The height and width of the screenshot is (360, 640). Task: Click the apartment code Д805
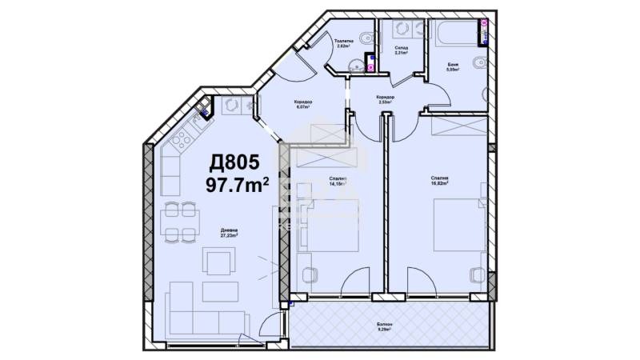click(x=234, y=163)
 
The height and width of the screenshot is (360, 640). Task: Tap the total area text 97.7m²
click(x=237, y=186)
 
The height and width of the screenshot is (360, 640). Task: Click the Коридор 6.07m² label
click(x=302, y=104)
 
